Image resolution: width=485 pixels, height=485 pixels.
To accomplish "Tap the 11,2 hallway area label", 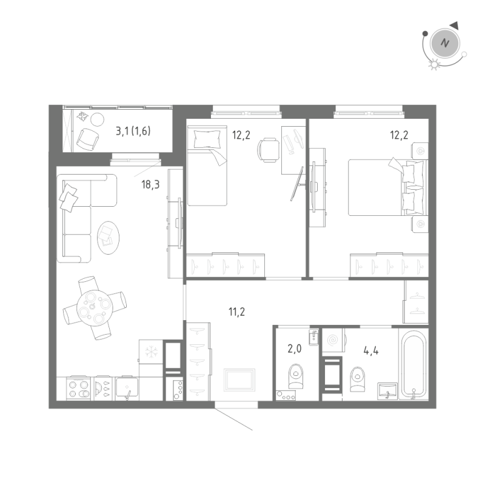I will (236, 312).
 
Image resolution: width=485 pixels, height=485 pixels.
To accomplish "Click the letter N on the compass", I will (446, 43).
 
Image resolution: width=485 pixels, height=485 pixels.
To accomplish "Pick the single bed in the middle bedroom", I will (206, 167).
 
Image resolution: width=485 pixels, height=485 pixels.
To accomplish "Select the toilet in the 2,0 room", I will (295, 376).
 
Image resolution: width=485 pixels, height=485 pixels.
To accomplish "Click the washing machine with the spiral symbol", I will (333, 341).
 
